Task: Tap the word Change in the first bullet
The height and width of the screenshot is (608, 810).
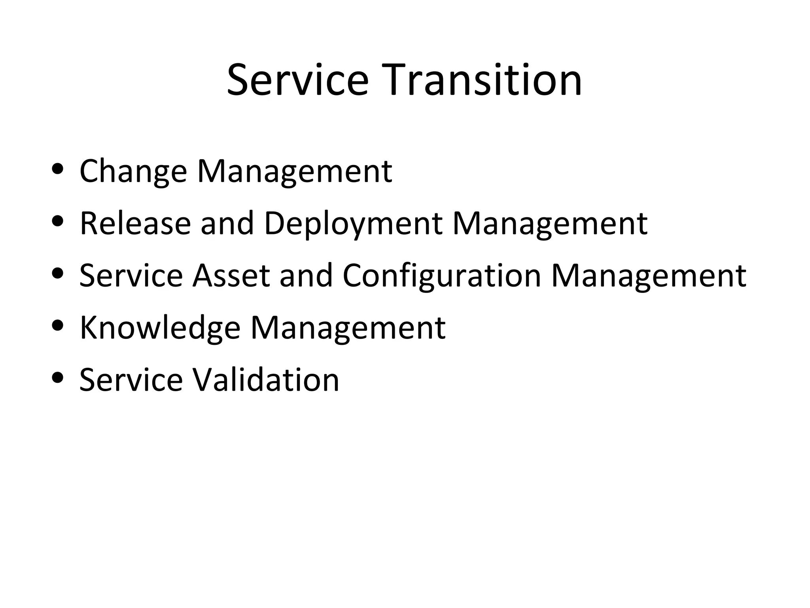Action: click(x=133, y=171)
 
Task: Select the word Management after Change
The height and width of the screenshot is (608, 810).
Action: click(x=294, y=171)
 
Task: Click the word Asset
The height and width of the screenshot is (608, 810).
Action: click(x=231, y=275)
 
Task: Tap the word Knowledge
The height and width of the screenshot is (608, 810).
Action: click(x=160, y=328)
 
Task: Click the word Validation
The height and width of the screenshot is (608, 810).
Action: click(x=266, y=380)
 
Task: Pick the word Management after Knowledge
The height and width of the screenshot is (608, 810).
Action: click(x=348, y=328)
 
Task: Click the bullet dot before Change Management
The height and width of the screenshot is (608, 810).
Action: click(x=58, y=169)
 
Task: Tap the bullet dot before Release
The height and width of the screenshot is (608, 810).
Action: click(x=58, y=221)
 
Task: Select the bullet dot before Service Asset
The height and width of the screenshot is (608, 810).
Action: click(x=58, y=274)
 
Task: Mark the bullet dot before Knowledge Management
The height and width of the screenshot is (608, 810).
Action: click(x=58, y=326)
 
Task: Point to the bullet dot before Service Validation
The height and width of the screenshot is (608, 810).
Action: click(x=58, y=378)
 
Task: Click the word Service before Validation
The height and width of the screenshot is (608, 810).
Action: click(x=131, y=380)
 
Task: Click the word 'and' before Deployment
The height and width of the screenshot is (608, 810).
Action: click(x=227, y=223)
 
